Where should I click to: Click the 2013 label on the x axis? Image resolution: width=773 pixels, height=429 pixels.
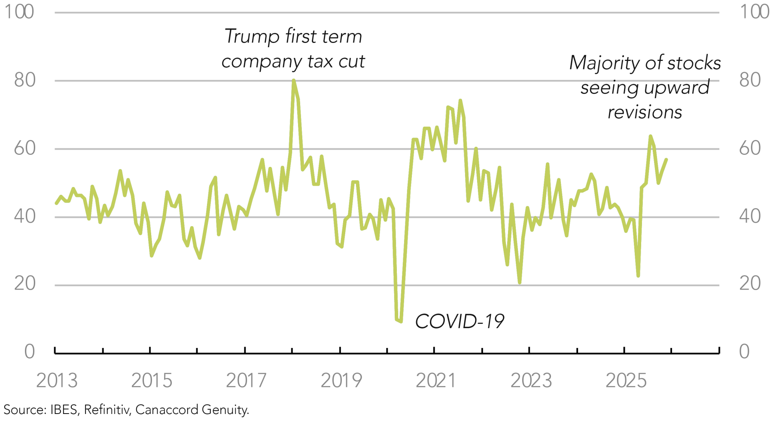coord(57,381)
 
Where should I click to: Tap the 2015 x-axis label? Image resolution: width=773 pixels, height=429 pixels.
coord(152,381)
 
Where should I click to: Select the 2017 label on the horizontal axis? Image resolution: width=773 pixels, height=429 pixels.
coord(247,381)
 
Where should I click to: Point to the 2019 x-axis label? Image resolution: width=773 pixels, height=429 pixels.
coord(341,381)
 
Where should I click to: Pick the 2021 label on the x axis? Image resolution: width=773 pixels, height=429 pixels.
coord(436,381)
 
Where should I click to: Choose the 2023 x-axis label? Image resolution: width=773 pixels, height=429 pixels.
coord(531,381)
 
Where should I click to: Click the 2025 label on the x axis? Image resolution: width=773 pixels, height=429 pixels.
coord(626,381)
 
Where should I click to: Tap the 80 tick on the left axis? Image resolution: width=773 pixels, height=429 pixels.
coord(24,80)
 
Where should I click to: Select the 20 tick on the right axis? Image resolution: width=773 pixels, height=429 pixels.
coord(750,284)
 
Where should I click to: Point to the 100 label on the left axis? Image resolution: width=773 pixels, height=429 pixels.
coord(19,12)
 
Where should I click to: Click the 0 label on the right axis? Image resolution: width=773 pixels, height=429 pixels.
coord(744,352)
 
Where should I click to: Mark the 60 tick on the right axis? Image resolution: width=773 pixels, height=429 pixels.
coord(750,148)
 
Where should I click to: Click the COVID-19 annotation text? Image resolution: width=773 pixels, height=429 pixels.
coord(460,321)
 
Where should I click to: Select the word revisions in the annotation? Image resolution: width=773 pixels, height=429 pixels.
coord(645,112)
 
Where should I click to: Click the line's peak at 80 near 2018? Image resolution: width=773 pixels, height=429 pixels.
coord(294,81)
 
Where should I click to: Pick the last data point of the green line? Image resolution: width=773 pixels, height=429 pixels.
coord(666,160)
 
